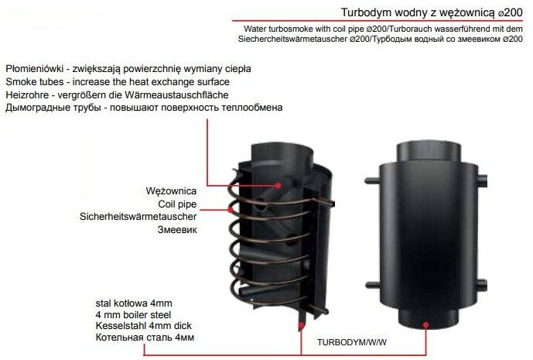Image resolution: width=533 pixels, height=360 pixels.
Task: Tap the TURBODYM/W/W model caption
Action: point(352,342)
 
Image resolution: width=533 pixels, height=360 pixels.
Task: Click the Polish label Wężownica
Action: point(171,191)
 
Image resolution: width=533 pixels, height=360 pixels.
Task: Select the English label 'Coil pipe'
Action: point(177,204)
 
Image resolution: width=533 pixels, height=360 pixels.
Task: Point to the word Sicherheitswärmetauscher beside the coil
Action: point(138,217)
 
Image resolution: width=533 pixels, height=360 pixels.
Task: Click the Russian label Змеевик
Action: point(177,230)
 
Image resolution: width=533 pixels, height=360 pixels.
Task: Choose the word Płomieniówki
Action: point(35,69)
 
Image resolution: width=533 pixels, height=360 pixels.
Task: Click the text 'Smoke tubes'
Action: point(35,82)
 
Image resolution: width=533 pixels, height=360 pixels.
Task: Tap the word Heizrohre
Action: point(27,95)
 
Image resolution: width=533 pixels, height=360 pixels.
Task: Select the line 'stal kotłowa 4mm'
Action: point(134,303)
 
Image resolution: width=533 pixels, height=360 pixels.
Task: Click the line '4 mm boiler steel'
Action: point(133,315)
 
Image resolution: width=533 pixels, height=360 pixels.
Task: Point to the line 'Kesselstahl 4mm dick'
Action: point(144,326)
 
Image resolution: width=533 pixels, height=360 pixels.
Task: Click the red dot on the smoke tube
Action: point(278,186)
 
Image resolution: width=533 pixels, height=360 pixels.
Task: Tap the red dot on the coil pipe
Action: point(231,210)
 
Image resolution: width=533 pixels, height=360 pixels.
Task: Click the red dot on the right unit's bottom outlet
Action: point(426,325)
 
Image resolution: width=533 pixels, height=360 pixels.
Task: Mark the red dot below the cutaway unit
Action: point(301,325)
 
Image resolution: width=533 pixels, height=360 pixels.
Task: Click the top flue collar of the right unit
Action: point(429,153)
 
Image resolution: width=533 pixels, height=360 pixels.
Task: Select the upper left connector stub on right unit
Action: point(372,180)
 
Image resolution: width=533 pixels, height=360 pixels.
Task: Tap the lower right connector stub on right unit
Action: point(483,283)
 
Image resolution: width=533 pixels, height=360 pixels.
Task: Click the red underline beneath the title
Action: point(378,21)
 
